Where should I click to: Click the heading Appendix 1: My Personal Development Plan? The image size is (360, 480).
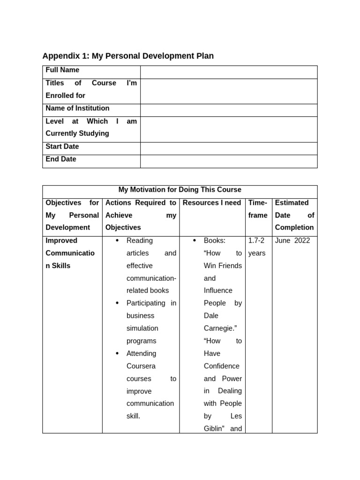(x=128, y=56)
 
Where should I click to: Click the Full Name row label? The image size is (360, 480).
(x=62, y=70)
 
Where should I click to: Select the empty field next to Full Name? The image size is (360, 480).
(x=229, y=72)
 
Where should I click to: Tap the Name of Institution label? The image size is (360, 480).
(x=77, y=108)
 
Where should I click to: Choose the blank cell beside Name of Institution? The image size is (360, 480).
(x=229, y=110)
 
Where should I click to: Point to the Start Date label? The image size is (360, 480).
(x=62, y=147)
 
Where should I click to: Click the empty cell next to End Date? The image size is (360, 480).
(x=229, y=161)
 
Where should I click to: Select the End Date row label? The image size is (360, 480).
(x=61, y=159)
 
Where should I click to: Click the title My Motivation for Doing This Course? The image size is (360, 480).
(x=180, y=190)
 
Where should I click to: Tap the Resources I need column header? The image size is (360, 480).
(x=212, y=203)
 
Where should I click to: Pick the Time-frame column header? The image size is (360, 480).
(x=258, y=209)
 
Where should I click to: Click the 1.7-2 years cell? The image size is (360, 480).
(x=257, y=247)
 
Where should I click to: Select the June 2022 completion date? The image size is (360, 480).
(x=292, y=240)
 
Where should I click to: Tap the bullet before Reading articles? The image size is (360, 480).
(x=117, y=240)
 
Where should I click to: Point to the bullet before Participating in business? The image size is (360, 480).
(x=117, y=303)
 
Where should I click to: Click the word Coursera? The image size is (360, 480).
(x=141, y=366)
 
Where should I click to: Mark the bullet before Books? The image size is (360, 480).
(x=195, y=240)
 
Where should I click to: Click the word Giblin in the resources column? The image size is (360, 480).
(x=214, y=428)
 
